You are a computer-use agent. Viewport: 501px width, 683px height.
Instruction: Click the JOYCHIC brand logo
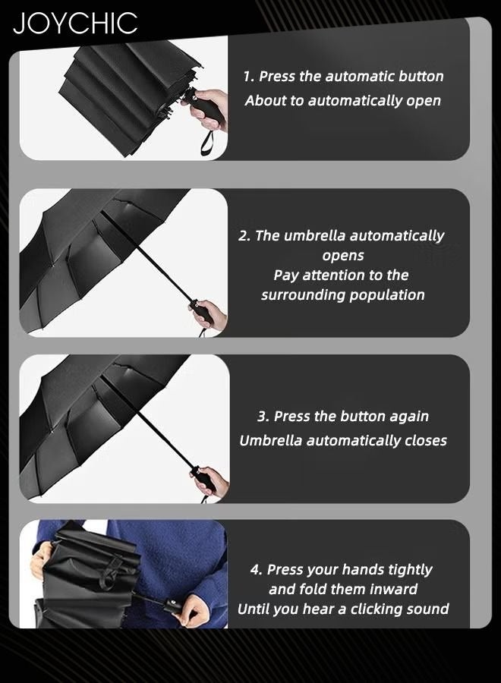click(x=75, y=24)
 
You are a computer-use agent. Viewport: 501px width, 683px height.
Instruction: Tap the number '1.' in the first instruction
click(x=249, y=77)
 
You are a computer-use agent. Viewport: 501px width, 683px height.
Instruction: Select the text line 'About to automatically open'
click(x=342, y=101)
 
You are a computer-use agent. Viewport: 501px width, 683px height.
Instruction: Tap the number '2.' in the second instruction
click(x=244, y=236)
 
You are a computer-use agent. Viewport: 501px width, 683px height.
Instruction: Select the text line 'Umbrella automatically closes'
click(x=342, y=441)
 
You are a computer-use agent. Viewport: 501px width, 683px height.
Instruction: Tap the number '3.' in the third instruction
click(x=263, y=417)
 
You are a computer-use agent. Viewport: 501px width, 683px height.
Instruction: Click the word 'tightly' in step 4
click(x=405, y=570)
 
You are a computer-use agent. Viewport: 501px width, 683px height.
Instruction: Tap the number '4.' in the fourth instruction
click(x=257, y=570)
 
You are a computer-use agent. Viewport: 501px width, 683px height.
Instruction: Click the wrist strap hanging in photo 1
click(x=206, y=142)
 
